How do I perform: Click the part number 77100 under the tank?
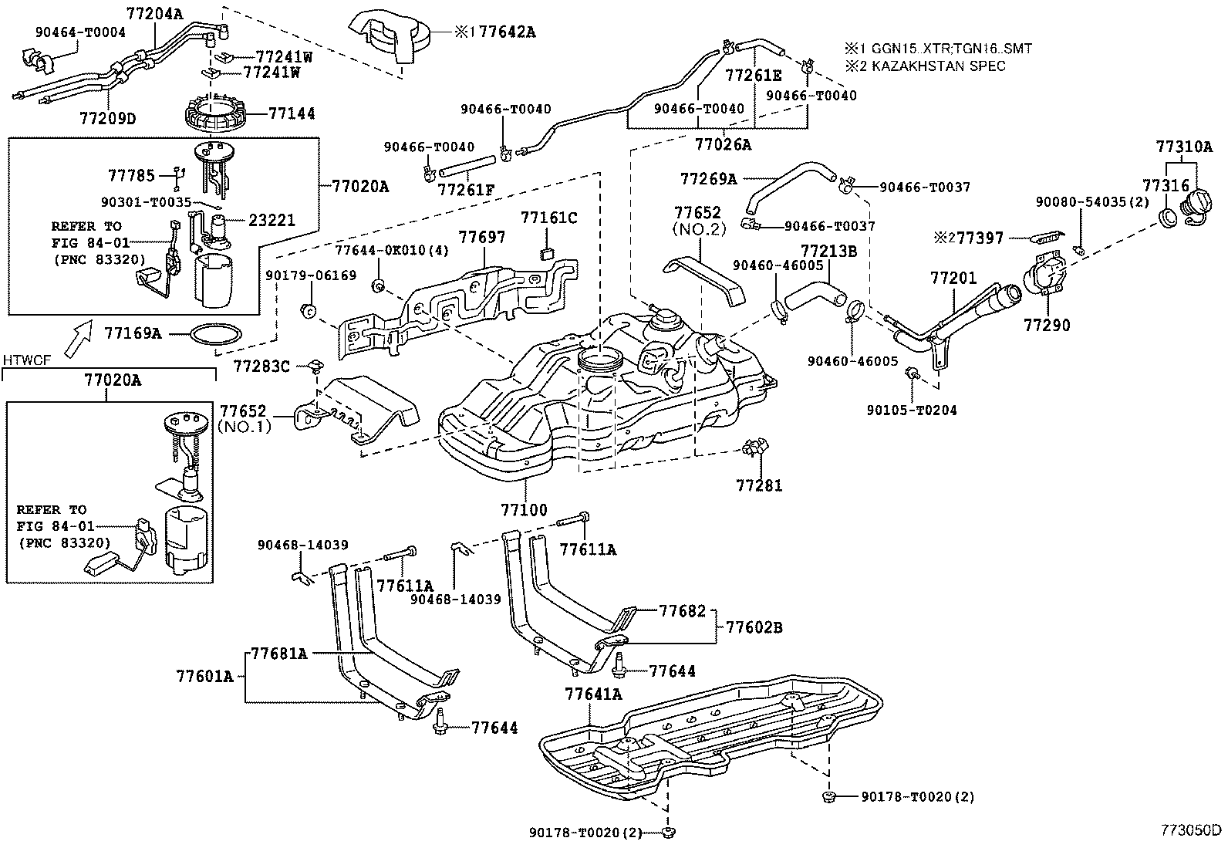[524, 509]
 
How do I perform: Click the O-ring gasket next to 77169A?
[216, 334]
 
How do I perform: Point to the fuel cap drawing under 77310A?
[1198, 206]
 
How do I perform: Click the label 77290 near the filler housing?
[1047, 326]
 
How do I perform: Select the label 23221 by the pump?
[272, 219]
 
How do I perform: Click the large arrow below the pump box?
[76, 340]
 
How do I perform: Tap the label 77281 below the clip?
[759, 485]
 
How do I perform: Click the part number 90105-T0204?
[911, 410]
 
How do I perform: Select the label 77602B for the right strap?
[754, 627]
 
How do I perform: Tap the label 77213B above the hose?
[829, 251]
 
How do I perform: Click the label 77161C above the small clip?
[548, 218]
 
